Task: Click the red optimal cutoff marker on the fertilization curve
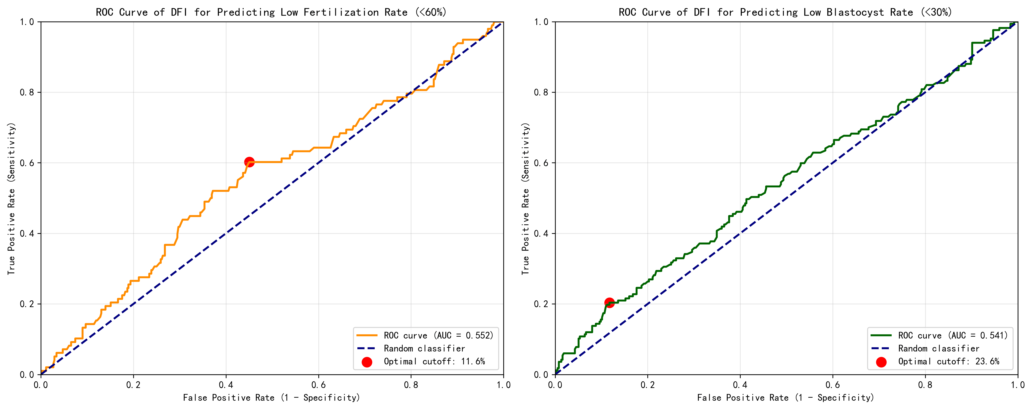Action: click(x=249, y=162)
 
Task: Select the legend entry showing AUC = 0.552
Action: click(x=438, y=336)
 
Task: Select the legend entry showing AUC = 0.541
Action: click(x=952, y=336)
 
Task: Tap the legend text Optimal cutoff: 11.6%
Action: click(x=434, y=362)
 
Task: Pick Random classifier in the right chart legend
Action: click(x=938, y=348)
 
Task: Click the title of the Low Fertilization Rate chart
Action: click(x=271, y=12)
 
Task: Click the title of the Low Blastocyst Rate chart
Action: click(x=785, y=12)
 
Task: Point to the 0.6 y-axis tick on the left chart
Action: click(x=27, y=163)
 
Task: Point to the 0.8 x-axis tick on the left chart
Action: click(x=411, y=385)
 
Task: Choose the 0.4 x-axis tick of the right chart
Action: click(x=740, y=385)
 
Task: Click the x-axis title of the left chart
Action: click(x=271, y=398)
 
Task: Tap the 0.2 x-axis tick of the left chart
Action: click(x=133, y=385)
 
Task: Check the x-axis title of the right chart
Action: click(x=785, y=398)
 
